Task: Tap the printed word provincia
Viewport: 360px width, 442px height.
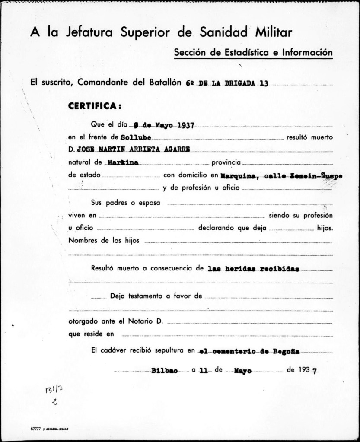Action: click(x=227, y=163)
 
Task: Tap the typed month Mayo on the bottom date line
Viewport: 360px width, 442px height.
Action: click(x=243, y=371)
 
